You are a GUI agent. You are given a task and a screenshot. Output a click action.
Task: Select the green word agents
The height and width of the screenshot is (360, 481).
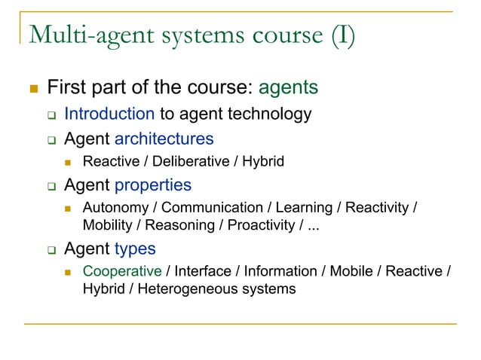click(x=288, y=88)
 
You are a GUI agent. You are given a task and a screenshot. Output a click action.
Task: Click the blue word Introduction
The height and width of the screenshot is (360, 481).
click(x=109, y=114)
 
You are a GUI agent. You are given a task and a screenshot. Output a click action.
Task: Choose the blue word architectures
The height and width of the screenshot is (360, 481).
click(x=164, y=139)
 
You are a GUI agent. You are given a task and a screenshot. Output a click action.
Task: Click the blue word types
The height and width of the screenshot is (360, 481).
click(x=135, y=248)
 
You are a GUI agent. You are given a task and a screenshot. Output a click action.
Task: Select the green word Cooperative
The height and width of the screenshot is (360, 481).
click(x=122, y=271)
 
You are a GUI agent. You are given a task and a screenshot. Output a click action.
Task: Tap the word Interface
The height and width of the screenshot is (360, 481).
click(x=200, y=271)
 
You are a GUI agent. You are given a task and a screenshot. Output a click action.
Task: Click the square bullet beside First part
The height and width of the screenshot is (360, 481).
click(x=32, y=89)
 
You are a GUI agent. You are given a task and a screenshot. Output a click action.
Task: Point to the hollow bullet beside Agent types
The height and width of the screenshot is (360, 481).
click(x=51, y=249)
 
